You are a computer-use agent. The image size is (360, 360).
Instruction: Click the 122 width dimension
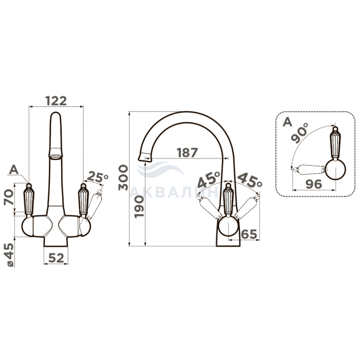pos(56,101)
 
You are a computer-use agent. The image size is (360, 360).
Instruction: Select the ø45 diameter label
pos(10,255)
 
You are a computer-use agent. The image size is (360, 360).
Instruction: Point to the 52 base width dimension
pos(56,258)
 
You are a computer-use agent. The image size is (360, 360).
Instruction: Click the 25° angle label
pos(98,177)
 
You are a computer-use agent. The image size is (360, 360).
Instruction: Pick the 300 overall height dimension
pos(123,177)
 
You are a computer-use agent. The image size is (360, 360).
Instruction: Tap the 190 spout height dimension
pos(139,206)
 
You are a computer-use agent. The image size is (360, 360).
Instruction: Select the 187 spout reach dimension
pos(187,152)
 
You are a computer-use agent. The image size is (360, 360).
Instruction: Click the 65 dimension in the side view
pos(249,234)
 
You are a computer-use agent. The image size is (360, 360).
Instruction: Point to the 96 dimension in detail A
pos(314,184)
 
